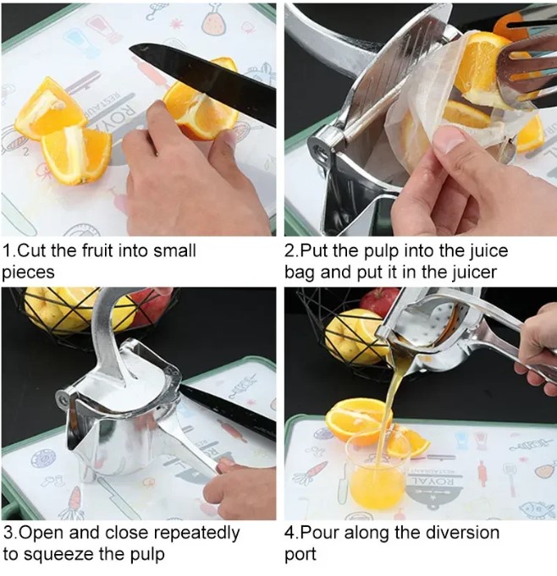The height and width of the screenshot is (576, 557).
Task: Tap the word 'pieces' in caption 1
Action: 28,273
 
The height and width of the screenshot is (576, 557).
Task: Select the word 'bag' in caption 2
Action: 300,273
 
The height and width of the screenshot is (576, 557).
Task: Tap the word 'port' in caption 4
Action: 301,555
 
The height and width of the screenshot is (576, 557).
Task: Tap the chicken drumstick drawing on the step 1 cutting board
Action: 213,23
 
